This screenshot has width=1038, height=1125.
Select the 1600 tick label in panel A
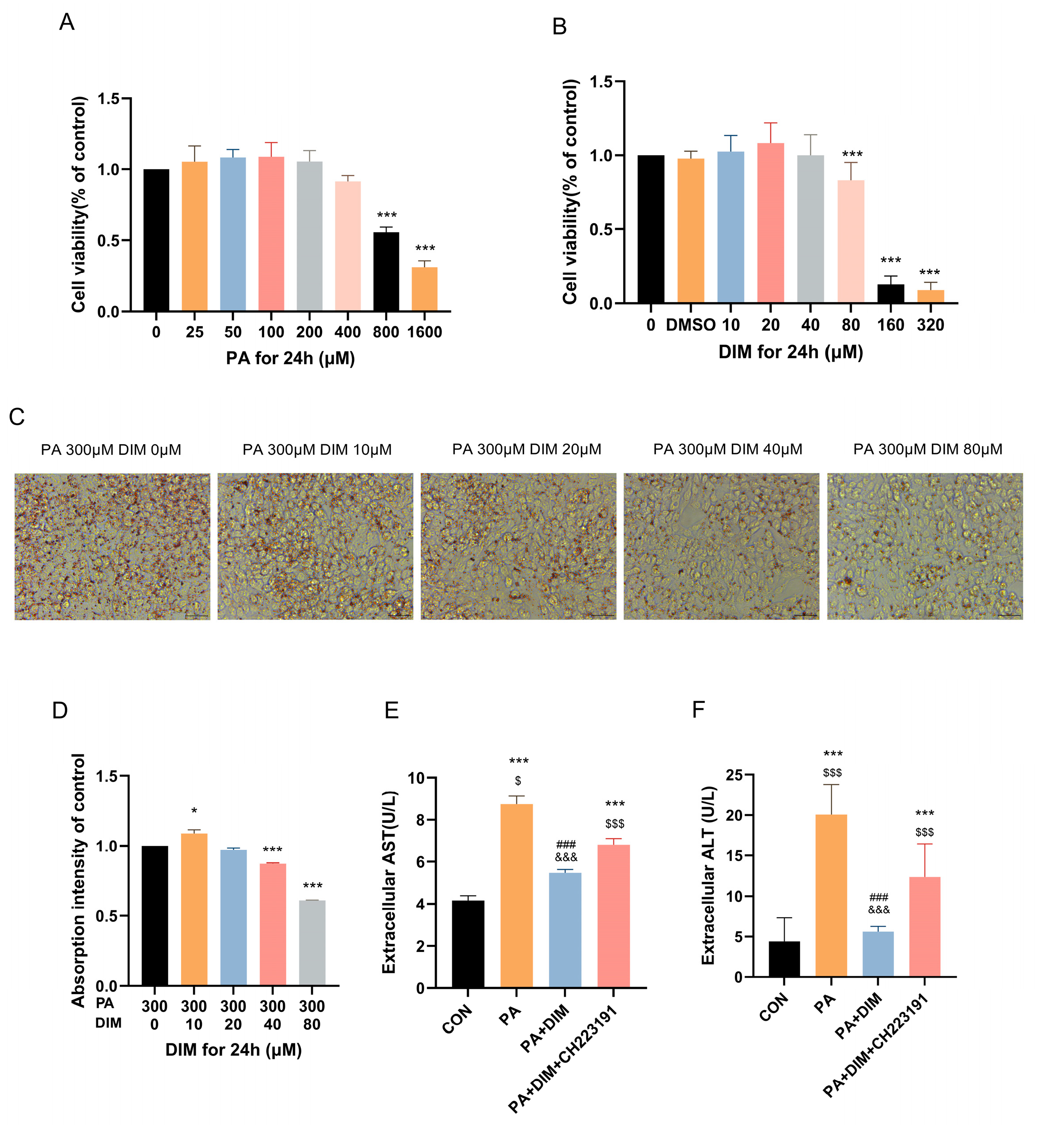coord(424,332)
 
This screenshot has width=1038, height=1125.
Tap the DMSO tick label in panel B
coord(691,325)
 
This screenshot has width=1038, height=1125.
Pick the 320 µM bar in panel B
coord(930,296)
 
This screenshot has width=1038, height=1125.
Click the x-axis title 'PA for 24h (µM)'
coord(290,358)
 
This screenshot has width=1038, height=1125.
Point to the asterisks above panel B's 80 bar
coord(852,154)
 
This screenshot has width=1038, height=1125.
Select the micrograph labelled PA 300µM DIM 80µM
coord(924,546)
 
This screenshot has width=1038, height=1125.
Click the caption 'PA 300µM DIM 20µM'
coord(526,449)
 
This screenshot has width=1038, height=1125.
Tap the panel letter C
coord(17,417)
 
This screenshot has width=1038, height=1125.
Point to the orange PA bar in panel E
coord(516,896)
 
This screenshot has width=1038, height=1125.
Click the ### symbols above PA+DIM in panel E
coord(566,845)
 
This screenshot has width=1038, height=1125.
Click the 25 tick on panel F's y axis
coord(734,776)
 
